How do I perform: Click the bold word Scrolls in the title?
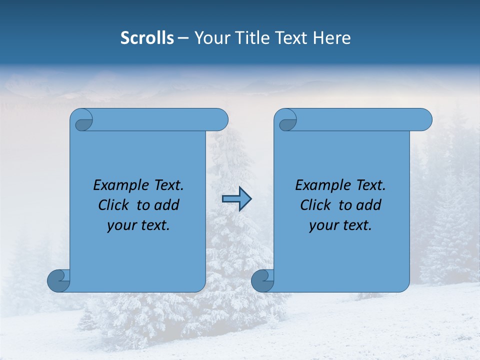coord(147,38)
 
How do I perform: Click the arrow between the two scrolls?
coord(236,198)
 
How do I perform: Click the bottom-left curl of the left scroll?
coord(58,280)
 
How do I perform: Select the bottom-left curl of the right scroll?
coord(262,280)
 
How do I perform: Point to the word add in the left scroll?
coord(166,205)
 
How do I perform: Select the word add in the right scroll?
coord(368,205)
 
